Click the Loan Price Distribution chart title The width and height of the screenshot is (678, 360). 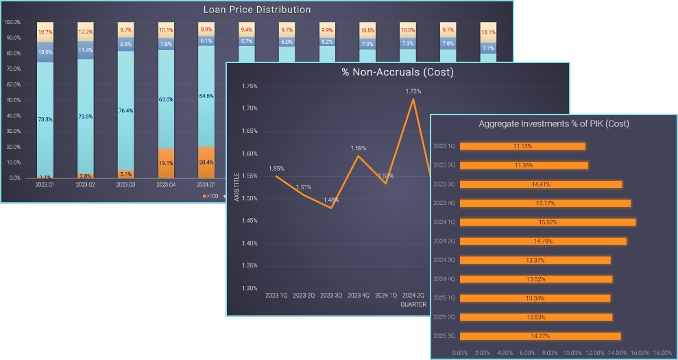pos(257,10)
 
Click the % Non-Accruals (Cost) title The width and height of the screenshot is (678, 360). pos(398,72)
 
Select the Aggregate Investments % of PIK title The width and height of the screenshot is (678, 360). pos(553,124)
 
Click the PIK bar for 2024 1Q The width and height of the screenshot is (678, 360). pos(548,222)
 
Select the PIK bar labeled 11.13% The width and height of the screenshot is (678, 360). pos(522,146)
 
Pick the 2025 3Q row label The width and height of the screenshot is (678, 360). pos(444,336)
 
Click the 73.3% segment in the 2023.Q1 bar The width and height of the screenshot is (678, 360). pos(45,119)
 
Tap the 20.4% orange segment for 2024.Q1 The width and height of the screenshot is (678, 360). pos(206,163)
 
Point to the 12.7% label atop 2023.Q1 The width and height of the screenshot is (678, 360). pos(45,32)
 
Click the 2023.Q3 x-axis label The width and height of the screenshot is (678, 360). pos(125,184)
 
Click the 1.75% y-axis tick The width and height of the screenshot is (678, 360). pos(250,86)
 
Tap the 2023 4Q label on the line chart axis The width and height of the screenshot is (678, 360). pos(359,296)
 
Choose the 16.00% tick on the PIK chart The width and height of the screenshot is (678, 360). pos(640,352)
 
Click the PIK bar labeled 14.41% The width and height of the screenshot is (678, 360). pos(541,184)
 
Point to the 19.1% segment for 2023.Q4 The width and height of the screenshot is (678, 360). pos(166,164)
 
